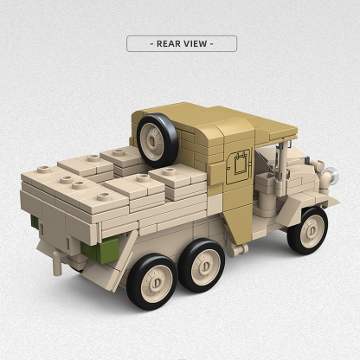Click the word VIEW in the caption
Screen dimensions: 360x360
(196, 43)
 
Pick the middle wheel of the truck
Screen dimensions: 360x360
(202, 266)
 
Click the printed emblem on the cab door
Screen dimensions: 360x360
(239, 165)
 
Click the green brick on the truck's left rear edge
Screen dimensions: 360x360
(35, 223)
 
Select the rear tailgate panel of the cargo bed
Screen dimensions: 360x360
(65, 221)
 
